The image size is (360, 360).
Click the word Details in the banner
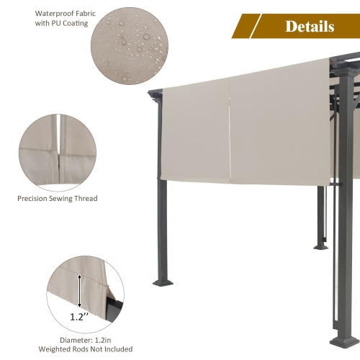tap(310, 27)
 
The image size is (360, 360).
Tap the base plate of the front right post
tap(342, 339)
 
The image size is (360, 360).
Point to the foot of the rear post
tap(321, 247)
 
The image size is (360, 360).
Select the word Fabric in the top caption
tap(73, 12)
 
